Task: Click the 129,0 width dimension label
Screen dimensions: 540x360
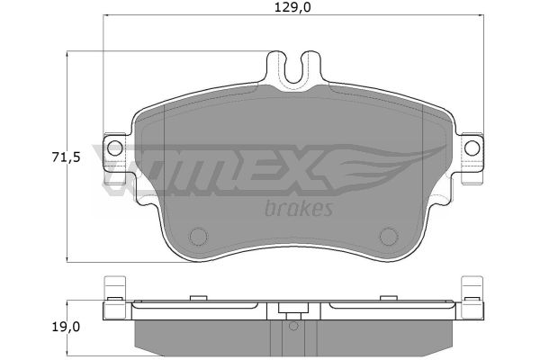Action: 292,7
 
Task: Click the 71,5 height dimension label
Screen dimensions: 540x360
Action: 66,157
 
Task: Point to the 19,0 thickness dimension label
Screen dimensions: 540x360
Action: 66,327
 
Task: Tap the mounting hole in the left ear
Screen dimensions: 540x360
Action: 114,148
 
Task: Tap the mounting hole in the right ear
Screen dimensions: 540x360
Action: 472,148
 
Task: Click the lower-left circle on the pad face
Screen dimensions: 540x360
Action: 198,237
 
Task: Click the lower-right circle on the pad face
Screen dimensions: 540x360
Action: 389,237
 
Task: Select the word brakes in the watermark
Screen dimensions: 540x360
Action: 299,208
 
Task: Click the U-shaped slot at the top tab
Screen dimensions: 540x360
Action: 293,70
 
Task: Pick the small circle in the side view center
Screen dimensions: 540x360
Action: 293,326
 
